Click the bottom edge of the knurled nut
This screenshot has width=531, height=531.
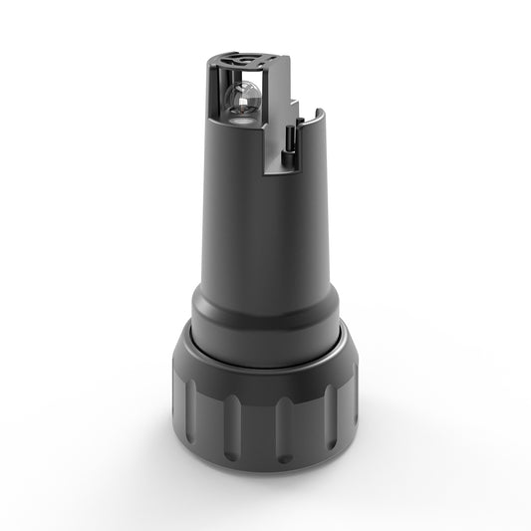264,462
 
